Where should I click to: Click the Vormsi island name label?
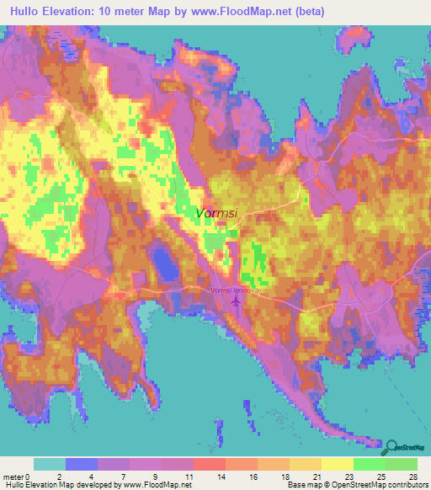tap(216, 214)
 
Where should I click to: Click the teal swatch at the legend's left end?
tap(50, 464)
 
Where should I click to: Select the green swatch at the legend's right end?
tap(401, 464)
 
